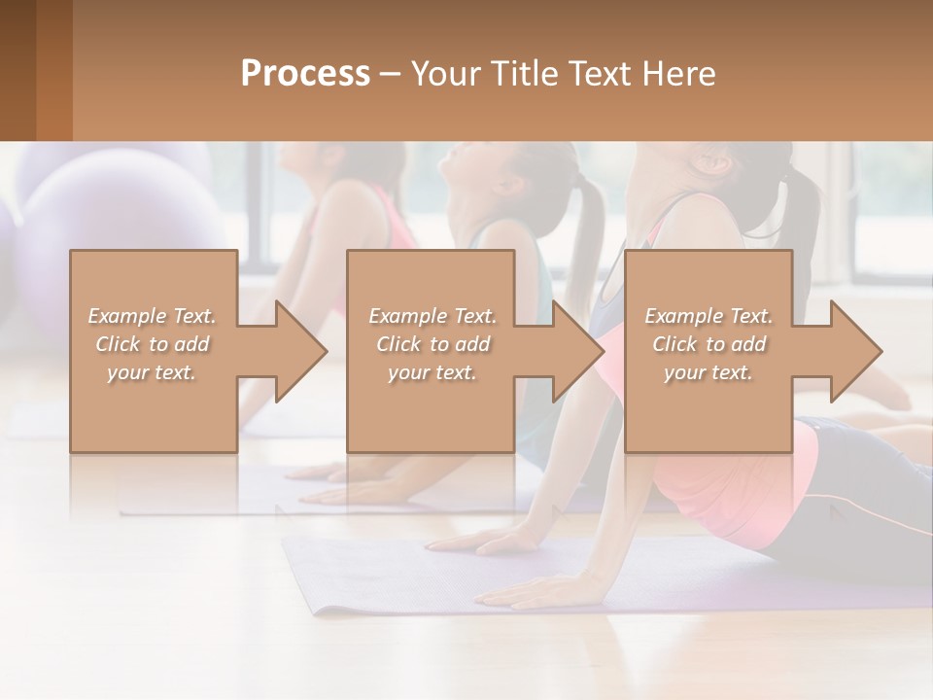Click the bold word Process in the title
pyautogui.click(x=305, y=74)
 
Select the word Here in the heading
pyautogui.click(x=677, y=74)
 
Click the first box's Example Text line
pyautogui.click(x=153, y=316)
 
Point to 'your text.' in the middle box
pyautogui.click(x=432, y=372)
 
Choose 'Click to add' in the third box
pyautogui.click(x=708, y=344)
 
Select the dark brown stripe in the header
pyautogui.click(x=17, y=70)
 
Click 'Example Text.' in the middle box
pyautogui.click(x=432, y=316)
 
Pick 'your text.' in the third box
pyautogui.click(x=708, y=372)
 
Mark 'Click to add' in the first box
pyautogui.click(x=153, y=344)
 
